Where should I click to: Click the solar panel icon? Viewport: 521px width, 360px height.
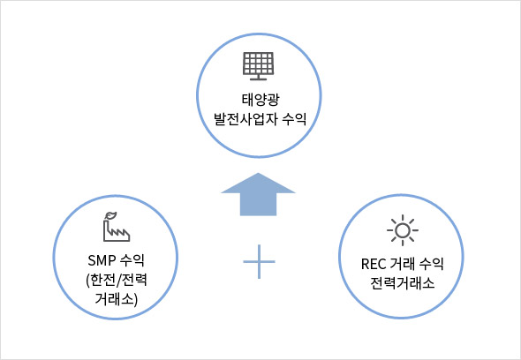(258, 66)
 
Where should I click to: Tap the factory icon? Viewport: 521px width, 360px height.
(116, 227)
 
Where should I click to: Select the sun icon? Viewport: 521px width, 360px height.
(403, 230)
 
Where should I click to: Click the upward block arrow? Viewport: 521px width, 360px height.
(258, 194)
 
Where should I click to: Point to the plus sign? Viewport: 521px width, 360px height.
(259, 262)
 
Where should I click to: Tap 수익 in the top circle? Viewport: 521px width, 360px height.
(294, 119)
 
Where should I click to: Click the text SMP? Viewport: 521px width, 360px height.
(102, 260)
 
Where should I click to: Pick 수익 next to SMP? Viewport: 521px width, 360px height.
(132, 260)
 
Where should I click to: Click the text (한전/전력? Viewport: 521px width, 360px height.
(117, 281)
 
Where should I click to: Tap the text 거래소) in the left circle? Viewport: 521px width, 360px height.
(116, 299)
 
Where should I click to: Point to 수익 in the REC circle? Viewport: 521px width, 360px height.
(432, 265)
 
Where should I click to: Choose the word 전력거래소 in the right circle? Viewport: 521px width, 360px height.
(403, 283)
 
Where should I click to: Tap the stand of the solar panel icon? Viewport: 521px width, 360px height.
(258, 78)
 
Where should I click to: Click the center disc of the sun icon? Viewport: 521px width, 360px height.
(403, 230)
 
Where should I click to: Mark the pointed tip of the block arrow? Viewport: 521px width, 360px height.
(258, 173)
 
